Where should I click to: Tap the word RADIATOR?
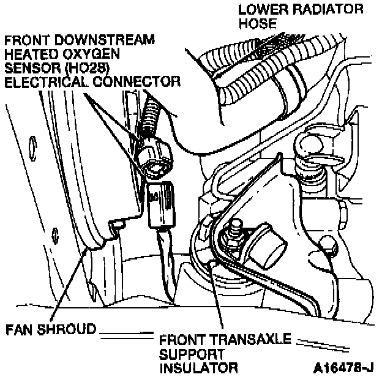(325, 10)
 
